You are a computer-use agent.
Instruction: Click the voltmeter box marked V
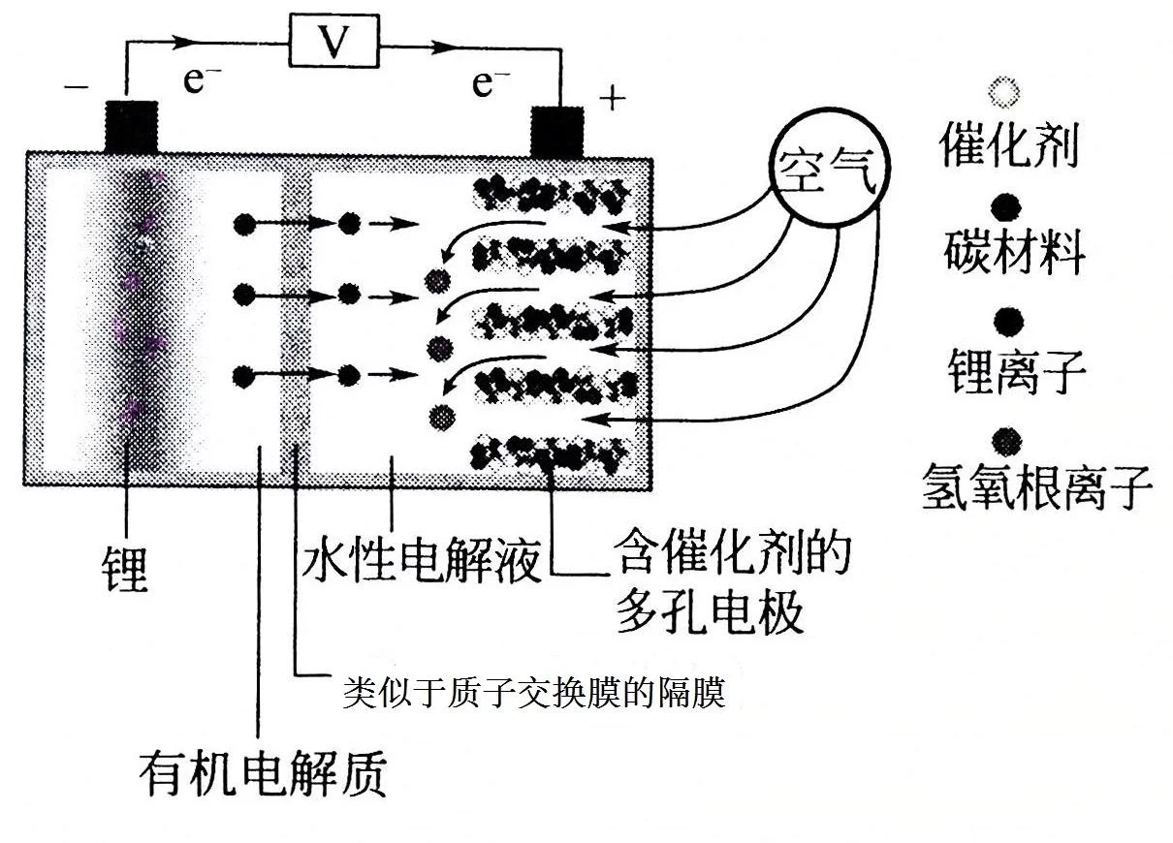334,41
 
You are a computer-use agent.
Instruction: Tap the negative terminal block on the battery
132,127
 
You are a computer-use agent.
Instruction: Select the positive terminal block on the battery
557,132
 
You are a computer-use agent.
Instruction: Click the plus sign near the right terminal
612,99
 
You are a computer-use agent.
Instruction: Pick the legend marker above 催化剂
1004,93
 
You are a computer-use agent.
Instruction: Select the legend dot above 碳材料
1006,207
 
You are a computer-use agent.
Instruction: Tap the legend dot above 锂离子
1008,322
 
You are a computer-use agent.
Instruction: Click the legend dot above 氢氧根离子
1006,442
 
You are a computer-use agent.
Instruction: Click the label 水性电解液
421,558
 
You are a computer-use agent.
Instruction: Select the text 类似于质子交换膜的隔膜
535,693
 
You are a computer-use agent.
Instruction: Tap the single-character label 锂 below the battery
125,569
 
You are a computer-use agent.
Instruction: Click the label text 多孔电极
710,612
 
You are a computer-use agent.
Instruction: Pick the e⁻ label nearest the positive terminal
491,83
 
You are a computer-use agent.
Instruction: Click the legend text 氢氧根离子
1037,487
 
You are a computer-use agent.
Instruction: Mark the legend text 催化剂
1009,145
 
